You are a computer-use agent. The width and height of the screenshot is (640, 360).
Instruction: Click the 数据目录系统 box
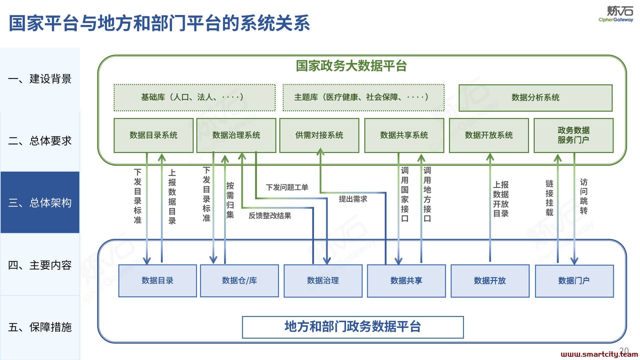153,135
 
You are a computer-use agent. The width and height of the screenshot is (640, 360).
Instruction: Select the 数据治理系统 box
236,135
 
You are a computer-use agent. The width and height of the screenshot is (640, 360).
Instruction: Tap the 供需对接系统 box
319,135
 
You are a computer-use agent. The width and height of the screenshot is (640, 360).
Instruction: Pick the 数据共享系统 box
404,135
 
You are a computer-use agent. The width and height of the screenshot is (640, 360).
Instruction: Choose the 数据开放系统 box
489,135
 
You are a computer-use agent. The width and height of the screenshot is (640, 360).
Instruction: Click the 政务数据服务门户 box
574,135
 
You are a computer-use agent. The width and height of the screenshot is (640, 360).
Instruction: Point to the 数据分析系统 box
536,98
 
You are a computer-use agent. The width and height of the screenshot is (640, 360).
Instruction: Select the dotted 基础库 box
195,97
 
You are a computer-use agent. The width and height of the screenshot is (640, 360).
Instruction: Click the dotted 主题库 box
364,97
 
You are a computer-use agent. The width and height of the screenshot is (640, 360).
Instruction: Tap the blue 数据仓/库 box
239,281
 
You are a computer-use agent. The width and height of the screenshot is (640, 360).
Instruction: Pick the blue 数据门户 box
574,281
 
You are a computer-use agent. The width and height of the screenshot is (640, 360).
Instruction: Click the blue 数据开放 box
490,281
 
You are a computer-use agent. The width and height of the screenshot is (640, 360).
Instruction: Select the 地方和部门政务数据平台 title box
353,327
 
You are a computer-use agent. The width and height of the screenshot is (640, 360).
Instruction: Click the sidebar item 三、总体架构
40,202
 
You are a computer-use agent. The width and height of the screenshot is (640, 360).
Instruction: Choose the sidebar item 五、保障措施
40,327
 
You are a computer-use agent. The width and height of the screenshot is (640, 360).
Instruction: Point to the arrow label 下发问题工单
287,187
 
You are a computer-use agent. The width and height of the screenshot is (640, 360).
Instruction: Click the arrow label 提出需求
353,199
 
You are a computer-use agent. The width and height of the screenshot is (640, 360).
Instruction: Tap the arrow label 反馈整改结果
270,216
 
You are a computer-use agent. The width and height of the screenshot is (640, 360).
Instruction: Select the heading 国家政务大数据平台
351,66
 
